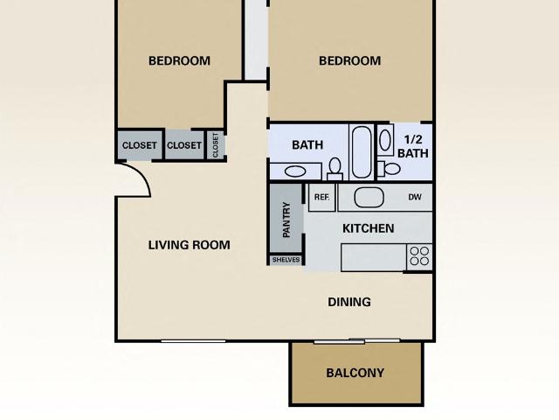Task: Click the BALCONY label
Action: (x=355, y=373)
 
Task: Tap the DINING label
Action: (x=349, y=302)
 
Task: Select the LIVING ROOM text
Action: (x=189, y=245)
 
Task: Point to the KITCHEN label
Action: (x=369, y=228)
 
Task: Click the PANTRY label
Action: (x=286, y=220)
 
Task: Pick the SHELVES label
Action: (x=286, y=260)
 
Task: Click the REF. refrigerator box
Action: (x=322, y=197)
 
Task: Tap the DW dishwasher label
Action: (x=415, y=197)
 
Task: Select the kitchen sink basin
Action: (x=369, y=198)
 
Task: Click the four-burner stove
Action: (x=419, y=256)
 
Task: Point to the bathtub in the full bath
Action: (x=362, y=151)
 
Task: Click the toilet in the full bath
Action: (x=335, y=169)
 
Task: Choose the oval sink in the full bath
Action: (x=295, y=171)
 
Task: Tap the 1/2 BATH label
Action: (x=413, y=146)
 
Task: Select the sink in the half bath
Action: (x=385, y=140)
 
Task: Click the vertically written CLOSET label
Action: (x=216, y=145)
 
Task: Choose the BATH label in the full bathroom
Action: (x=307, y=145)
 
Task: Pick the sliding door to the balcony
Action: (x=356, y=340)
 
